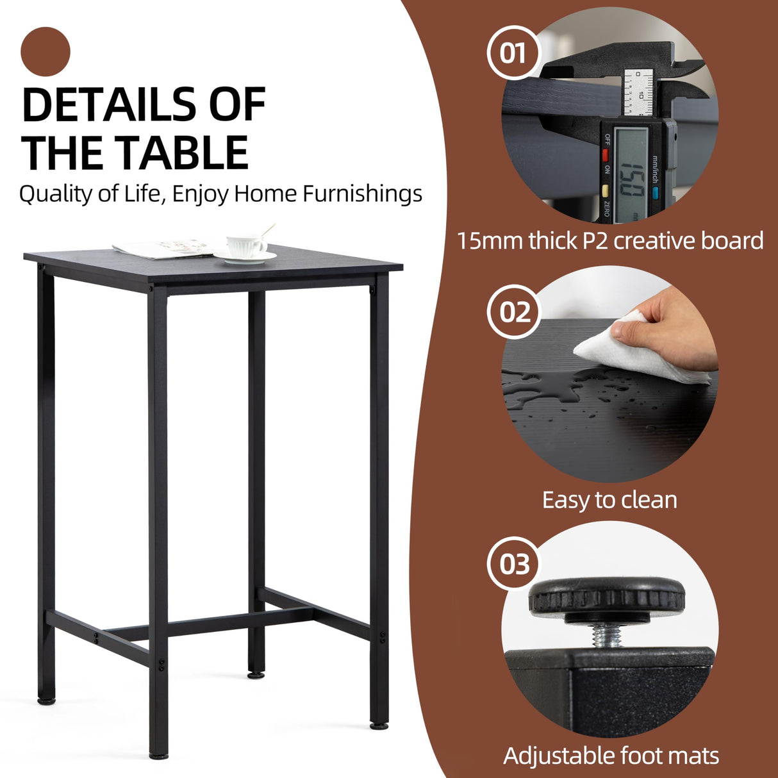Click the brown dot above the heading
click(45, 51)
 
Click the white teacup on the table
click(245, 245)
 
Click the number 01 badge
click(513, 53)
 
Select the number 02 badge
click(515, 313)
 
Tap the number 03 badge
click(515, 565)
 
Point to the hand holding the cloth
click(673, 327)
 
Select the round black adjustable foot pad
click(606, 596)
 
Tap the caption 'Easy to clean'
click(609, 500)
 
